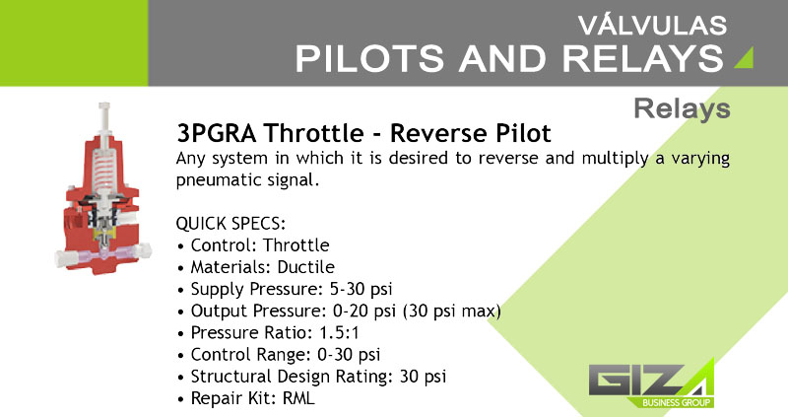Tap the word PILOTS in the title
369,59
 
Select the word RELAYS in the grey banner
643,59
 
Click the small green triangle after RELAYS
744,57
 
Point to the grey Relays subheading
682,108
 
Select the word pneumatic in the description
212,180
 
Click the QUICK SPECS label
230,224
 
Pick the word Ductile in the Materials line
305,267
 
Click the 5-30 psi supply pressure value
361,289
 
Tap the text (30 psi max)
452,312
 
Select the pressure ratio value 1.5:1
339,333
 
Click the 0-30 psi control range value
349,355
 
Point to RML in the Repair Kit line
298,398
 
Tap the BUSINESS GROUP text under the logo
676,402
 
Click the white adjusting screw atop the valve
104,119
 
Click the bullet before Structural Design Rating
181,378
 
